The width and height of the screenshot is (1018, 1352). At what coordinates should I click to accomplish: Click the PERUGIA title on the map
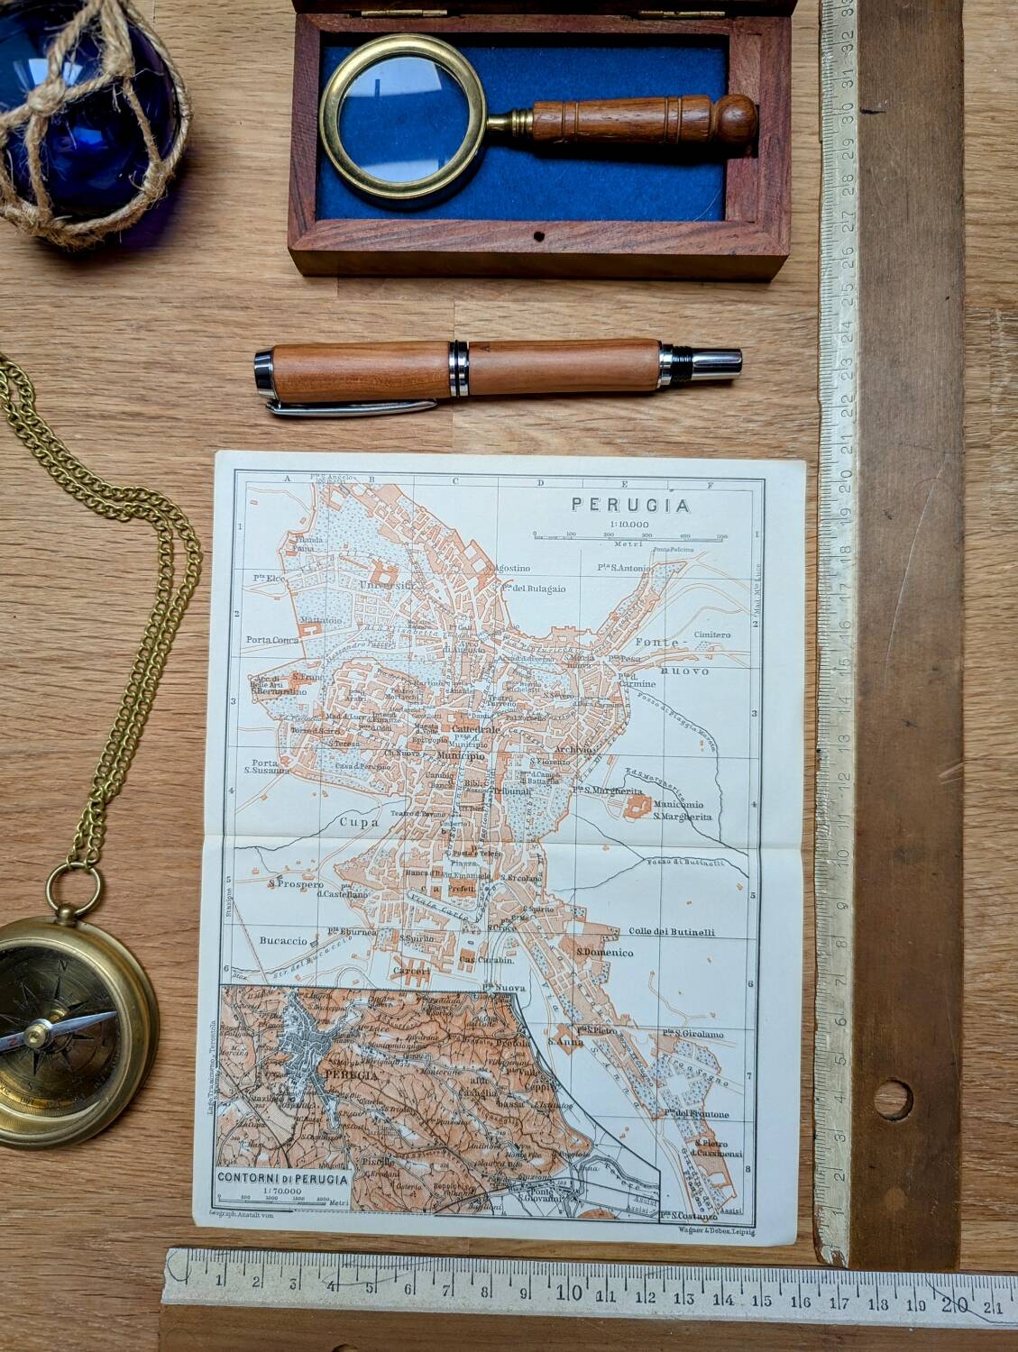[x=630, y=506]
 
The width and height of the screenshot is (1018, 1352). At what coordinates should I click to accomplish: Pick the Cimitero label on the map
[x=712, y=635]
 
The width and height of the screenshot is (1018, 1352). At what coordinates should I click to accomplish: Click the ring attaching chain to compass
[x=75, y=889]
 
